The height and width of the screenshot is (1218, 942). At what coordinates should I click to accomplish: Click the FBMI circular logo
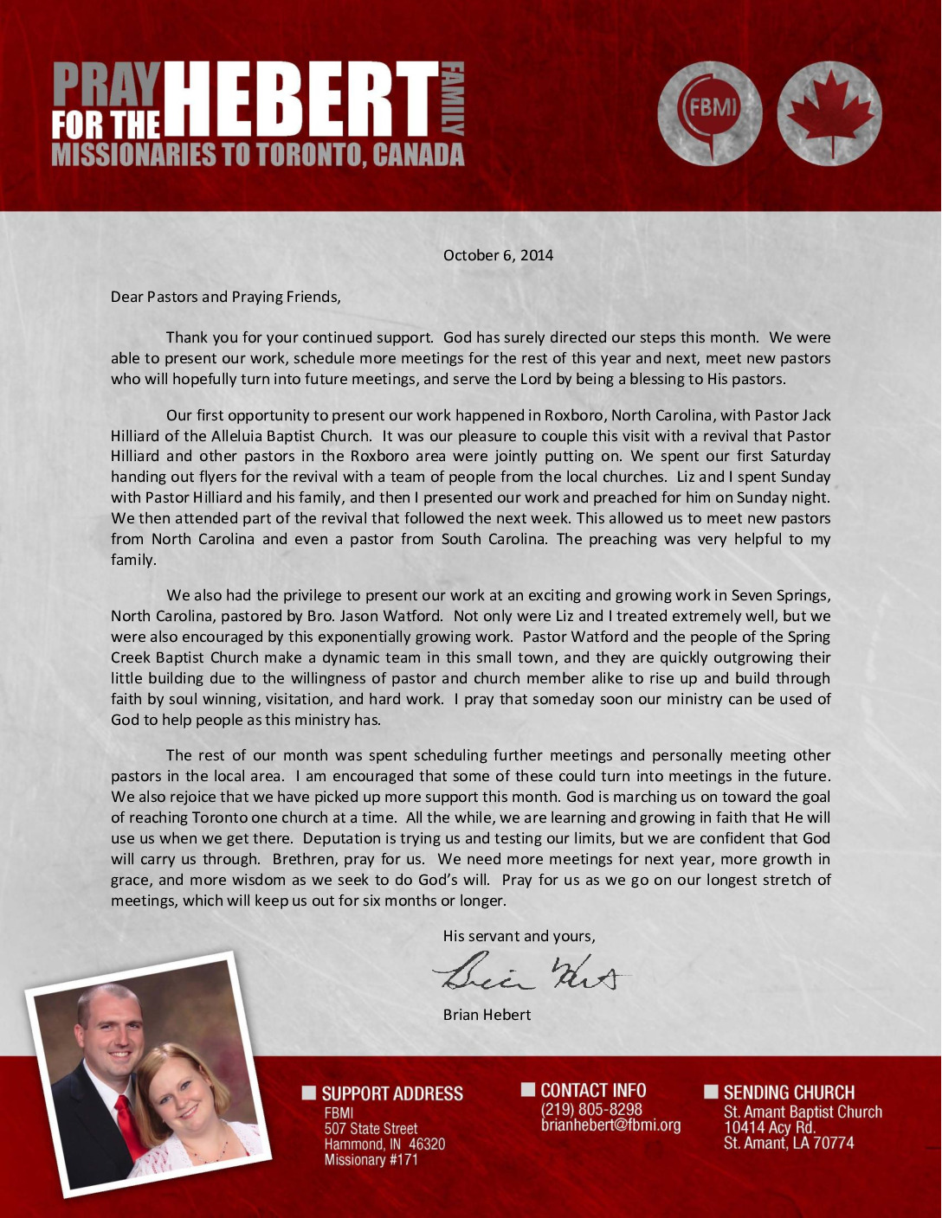tap(709, 113)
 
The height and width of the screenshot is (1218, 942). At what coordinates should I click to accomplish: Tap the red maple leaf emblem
tap(829, 113)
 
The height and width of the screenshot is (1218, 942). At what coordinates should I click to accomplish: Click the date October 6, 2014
tap(498, 255)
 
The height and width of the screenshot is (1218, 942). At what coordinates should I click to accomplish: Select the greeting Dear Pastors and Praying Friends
tap(226, 297)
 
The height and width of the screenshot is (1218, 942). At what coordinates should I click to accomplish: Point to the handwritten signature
tap(531, 975)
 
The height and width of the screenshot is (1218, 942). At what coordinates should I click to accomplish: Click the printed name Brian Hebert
tap(487, 1015)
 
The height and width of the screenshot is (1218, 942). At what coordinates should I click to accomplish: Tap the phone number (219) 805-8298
tap(591, 1109)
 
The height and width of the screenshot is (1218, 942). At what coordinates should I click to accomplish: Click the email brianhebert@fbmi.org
tap(610, 1125)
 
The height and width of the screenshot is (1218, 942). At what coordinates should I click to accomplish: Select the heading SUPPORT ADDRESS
tap(391, 1093)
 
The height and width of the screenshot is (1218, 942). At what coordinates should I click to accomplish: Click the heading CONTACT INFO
tap(593, 1090)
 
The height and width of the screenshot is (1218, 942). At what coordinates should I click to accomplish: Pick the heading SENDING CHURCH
tap(789, 1093)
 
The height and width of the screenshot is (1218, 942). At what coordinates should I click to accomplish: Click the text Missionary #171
tap(371, 1160)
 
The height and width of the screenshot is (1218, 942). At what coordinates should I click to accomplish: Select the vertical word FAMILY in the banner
tap(455, 99)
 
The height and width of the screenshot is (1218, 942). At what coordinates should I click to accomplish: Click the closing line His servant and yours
tap(519, 936)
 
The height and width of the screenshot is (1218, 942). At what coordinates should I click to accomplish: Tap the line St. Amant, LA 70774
tap(788, 1144)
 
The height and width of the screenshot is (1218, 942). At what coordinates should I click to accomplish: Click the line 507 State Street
tap(371, 1129)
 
